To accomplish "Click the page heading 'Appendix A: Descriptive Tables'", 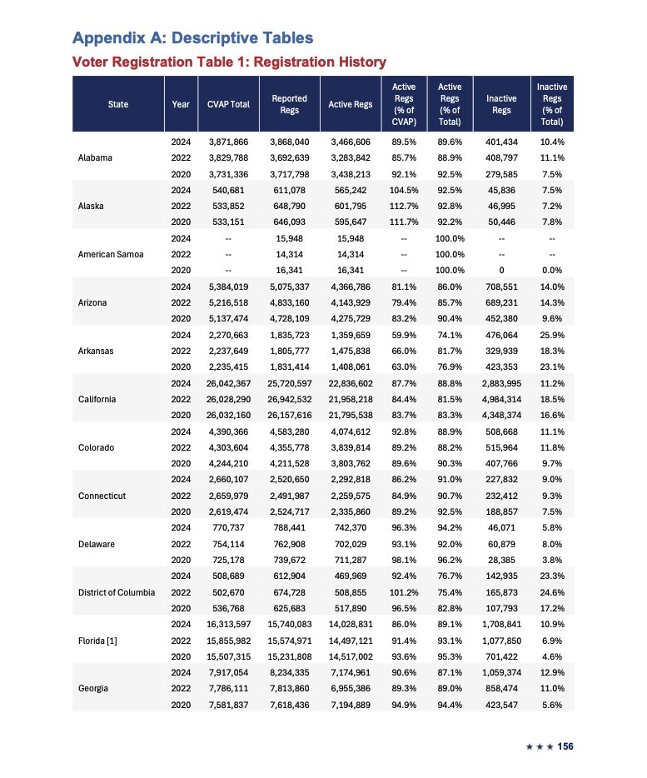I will [x=193, y=37].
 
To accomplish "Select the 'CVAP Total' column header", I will [x=228, y=104].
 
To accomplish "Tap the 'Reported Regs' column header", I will [x=290, y=104].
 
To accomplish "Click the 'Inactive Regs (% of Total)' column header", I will [x=552, y=104].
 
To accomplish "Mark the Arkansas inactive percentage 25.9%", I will [x=552, y=334].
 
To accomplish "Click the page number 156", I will [x=565, y=746].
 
